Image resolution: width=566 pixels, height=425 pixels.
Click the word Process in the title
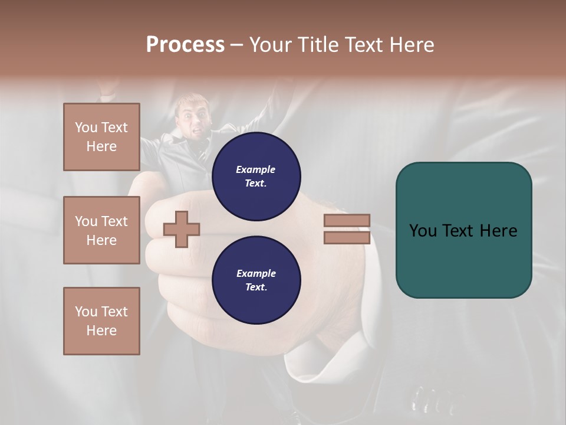pyautogui.click(x=185, y=45)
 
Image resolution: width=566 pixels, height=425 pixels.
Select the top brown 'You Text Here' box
pyautogui.click(x=101, y=137)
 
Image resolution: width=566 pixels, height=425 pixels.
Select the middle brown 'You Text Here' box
pyautogui.click(x=101, y=230)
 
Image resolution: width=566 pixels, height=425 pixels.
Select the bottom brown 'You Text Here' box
pyautogui.click(x=101, y=321)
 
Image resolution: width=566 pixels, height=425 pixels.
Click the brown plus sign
pyautogui.click(x=182, y=229)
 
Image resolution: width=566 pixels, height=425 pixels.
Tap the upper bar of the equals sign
pyautogui.click(x=347, y=220)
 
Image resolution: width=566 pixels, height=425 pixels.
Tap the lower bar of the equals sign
pyautogui.click(x=347, y=238)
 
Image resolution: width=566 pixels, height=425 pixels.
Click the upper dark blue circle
pyautogui.click(x=256, y=176)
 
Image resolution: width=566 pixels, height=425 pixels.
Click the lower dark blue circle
pyautogui.click(x=256, y=280)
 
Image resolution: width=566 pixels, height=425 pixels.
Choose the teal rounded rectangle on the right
pyautogui.click(x=463, y=230)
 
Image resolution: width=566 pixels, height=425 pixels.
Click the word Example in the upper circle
pyautogui.click(x=255, y=169)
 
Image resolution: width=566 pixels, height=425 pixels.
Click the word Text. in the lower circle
pyautogui.click(x=255, y=287)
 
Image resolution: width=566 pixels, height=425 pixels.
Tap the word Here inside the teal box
pyautogui.click(x=498, y=230)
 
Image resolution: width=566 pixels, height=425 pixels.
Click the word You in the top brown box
pyautogui.click(x=85, y=127)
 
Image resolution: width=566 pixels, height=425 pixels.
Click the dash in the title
pyautogui.click(x=237, y=45)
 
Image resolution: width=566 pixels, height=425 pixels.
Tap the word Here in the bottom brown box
pyautogui.click(x=101, y=331)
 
